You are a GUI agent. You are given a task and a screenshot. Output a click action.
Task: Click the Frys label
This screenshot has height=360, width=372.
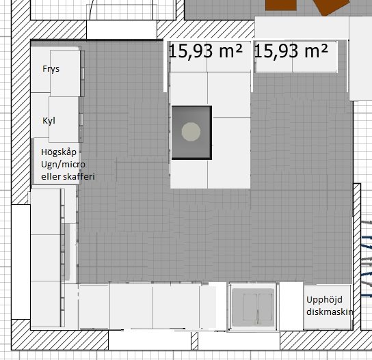[x=51, y=69]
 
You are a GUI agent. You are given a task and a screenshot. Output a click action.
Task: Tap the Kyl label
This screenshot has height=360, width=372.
[x=49, y=121]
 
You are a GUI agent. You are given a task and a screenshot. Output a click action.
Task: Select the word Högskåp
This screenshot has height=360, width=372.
[x=59, y=152]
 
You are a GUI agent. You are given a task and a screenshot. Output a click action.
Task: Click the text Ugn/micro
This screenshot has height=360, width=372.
[x=63, y=165]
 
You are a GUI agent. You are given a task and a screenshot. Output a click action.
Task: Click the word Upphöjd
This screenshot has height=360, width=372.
[x=324, y=300]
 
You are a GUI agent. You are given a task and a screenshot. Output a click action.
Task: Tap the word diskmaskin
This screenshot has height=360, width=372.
[x=330, y=312]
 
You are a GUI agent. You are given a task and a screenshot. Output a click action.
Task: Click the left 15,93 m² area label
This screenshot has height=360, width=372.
[x=205, y=51]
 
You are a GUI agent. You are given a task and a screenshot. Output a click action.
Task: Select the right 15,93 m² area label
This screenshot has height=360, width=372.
[x=291, y=51]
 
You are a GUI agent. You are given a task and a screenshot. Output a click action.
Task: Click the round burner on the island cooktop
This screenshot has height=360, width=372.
[x=191, y=132]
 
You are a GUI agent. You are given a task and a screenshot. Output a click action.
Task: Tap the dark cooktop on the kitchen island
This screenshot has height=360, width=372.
[x=191, y=133]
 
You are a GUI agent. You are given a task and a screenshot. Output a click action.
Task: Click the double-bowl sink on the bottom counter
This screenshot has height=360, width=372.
[x=253, y=307]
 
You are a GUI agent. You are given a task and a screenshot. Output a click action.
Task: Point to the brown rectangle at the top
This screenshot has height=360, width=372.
[x=281, y=5]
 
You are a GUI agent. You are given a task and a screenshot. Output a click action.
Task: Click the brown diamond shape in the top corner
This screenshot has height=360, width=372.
[x=331, y=7]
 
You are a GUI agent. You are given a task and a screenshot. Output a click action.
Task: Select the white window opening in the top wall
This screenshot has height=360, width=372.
[x=122, y=29]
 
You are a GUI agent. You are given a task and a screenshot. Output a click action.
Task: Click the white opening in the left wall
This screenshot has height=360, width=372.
[x=21, y=262]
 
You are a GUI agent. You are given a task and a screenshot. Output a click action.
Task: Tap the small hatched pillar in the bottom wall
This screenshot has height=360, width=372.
[x=194, y=341]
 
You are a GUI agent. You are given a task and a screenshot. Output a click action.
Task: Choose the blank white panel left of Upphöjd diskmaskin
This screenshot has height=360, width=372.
[x=291, y=306]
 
